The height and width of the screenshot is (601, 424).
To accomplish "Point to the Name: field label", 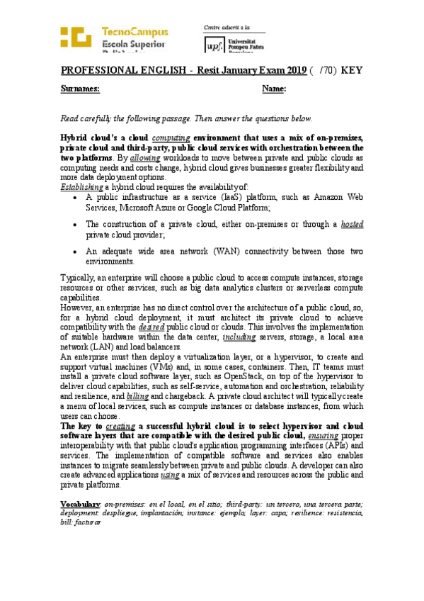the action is coord(274,89).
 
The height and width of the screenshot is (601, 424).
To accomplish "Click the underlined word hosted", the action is coord(352,225).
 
